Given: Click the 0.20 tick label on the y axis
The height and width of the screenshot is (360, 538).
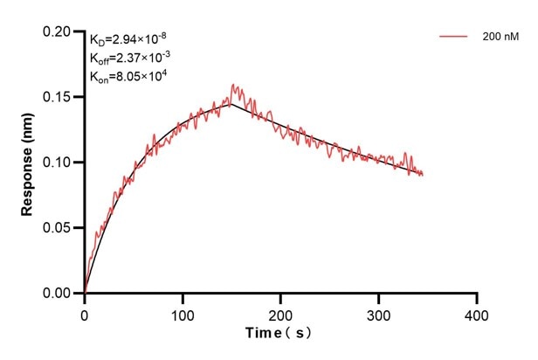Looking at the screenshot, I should pos(60,31).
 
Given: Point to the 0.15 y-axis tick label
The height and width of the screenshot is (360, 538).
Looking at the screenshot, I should pos(60,97).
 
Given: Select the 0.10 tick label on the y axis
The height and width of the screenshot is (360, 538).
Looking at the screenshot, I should pos(60,163).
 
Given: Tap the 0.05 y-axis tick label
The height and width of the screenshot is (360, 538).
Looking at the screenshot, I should pos(60,228).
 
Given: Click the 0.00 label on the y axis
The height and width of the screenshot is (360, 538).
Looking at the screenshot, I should pos(60,294).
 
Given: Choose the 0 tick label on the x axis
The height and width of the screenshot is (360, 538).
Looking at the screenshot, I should pos(85,313).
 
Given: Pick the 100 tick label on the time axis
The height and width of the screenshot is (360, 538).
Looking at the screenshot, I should pos(183,313).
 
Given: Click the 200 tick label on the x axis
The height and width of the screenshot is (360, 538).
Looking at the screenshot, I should pos(280,313).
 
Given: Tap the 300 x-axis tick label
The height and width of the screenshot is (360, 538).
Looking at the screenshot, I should pos(378,313).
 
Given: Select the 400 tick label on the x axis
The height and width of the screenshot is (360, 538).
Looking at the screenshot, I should pos(476,313).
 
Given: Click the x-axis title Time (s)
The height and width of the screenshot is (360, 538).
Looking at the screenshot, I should pos(279,334).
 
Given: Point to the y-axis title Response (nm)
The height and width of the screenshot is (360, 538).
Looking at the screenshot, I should pos(28,162).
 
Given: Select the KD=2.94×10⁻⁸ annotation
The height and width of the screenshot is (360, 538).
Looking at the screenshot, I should pos(129,38).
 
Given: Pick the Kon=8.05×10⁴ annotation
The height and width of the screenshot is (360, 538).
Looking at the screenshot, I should pos(128,77).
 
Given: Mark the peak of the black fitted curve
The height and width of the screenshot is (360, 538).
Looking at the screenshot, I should pos(231,104).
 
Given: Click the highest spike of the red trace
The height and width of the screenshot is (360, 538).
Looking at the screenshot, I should pos(233,85).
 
